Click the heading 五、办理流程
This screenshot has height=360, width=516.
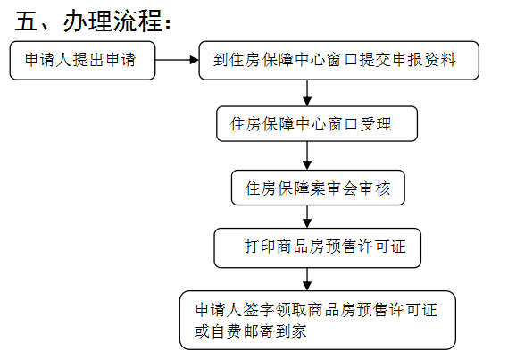(x=93, y=21)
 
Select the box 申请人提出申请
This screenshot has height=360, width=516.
(x=82, y=60)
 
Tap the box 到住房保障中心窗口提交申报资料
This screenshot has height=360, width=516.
(x=339, y=60)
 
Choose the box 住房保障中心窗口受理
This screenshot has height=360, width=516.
(x=317, y=124)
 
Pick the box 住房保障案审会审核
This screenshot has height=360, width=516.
(x=318, y=188)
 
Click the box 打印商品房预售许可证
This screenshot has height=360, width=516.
(x=318, y=247)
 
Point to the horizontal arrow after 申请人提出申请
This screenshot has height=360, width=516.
(x=177, y=60)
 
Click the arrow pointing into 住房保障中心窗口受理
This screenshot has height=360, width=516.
(x=307, y=93)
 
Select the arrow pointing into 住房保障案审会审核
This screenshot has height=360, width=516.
(x=307, y=155)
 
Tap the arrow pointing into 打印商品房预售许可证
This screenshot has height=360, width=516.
(x=307, y=217)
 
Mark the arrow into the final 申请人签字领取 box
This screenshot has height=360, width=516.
(x=307, y=280)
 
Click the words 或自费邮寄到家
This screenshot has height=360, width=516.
(x=251, y=331)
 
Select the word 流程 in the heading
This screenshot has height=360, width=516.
(x=137, y=21)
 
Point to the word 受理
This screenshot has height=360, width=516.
(x=376, y=124)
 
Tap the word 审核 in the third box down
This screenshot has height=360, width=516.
(x=374, y=188)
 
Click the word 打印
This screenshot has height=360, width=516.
(x=260, y=247)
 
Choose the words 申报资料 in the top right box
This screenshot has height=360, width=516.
(x=424, y=60)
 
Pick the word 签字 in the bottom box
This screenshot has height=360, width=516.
(x=259, y=310)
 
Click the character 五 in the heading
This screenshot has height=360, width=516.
(x=26, y=21)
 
